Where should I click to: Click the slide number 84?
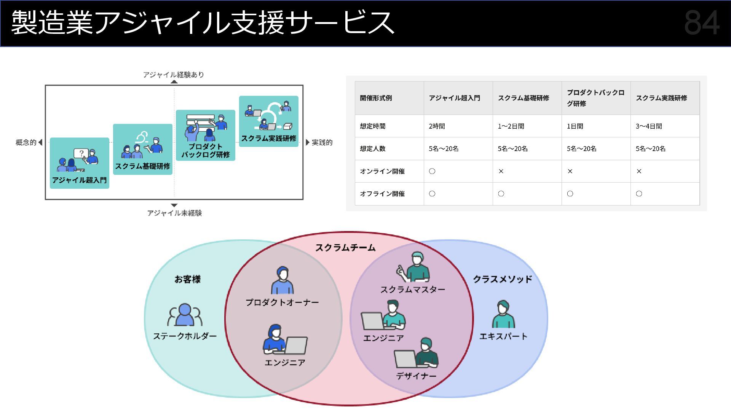pos(702,23)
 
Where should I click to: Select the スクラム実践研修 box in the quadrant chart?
pos(268,121)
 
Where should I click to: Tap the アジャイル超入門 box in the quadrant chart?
pos(79,163)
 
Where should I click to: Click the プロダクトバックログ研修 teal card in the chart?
pos(205,135)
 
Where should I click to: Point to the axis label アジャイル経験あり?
pos(174,75)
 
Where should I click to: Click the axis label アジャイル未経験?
pos(174,213)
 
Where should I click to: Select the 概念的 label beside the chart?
pos(26,142)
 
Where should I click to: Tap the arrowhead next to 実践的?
pos(308,142)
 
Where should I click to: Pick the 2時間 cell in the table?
pos(437,126)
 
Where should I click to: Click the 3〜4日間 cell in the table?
pos(649,126)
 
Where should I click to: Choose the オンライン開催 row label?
pos(382,171)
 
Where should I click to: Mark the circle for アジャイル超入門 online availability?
pos(432,171)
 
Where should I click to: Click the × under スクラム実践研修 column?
pos(639,171)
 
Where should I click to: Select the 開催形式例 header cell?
pos(376,98)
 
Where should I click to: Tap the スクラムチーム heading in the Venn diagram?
pos(345,248)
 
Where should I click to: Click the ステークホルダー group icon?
pos(185,315)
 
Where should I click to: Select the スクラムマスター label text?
pos(413,290)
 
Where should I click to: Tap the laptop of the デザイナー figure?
pos(405,359)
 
